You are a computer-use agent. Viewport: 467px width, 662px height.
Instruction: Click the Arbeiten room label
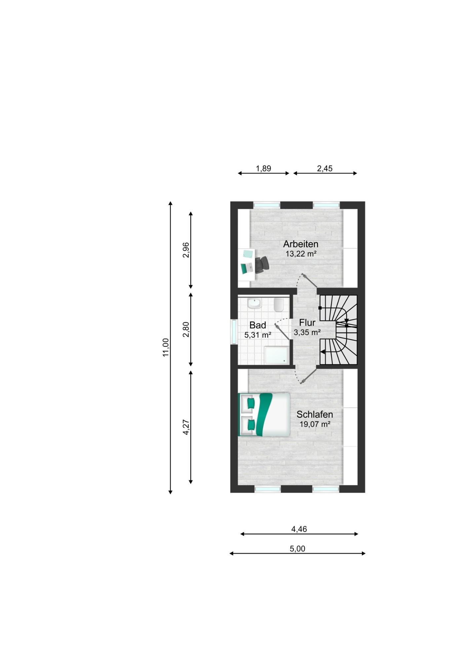(301, 244)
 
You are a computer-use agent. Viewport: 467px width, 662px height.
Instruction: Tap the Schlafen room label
(315, 414)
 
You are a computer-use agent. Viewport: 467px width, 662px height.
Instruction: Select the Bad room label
(258, 325)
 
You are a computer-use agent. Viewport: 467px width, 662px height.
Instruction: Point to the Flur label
(307, 322)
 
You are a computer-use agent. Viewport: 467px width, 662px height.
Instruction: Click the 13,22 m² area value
(301, 254)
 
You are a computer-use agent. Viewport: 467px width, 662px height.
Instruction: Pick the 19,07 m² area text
(315, 424)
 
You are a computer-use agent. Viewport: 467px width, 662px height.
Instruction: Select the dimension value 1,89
(263, 168)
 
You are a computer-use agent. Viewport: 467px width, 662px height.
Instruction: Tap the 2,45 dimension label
(325, 168)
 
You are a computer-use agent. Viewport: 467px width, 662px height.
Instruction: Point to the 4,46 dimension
(299, 529)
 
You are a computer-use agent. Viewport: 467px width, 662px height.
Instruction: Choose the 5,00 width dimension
(297, 549)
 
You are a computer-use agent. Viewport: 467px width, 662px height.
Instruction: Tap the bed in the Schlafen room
(264, 414)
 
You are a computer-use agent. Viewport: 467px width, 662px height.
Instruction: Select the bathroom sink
(254, 304)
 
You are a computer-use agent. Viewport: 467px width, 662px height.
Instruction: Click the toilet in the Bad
(279, 305)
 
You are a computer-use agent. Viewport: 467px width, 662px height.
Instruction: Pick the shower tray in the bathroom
(276, 355)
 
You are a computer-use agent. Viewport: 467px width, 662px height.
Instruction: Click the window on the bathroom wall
(234, 332)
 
